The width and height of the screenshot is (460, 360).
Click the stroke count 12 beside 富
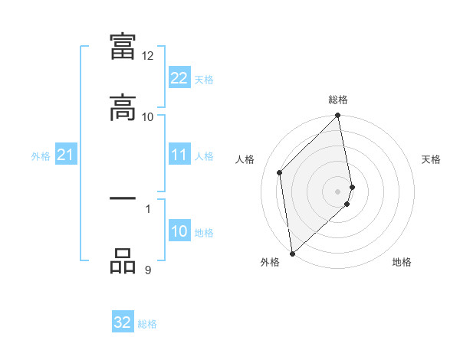pyautogui.click(x=148, y=56)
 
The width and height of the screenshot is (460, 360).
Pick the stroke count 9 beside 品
pyautogui.click(x=148, y=270)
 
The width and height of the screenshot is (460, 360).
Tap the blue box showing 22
pyautogui.click(x=179, y=78)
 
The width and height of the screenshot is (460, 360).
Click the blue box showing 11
pyautogui.click(x=179, y=155)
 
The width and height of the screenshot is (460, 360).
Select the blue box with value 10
pyautogui.click(x=179, y=232)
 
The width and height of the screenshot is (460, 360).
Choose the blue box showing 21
pyautogui.click(x=65, y=155)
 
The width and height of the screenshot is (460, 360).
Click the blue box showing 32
pyautogui.click(x=123, y=322)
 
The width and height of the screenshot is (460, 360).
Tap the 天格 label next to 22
pyautogui.click(x=204, y=79)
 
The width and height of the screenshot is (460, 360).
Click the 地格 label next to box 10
pyautogui.click(x=204, y=233)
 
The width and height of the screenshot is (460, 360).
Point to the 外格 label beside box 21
pyautogui.click(x=41, y=156)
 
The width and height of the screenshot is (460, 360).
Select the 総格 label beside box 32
pyautogui.click(x=147, y=323)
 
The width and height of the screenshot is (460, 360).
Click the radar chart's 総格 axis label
pyautogui.click(x=338, y=100)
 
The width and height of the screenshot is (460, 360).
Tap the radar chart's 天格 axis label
pyautogui.click(x=432, y=159)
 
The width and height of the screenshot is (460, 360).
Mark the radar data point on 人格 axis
pyautogui.click(x=280, y=172)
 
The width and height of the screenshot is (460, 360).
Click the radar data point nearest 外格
pyautogui.click(x=292, y=253)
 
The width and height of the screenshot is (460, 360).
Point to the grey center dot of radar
pyautogui.click(x=338, y=190)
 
